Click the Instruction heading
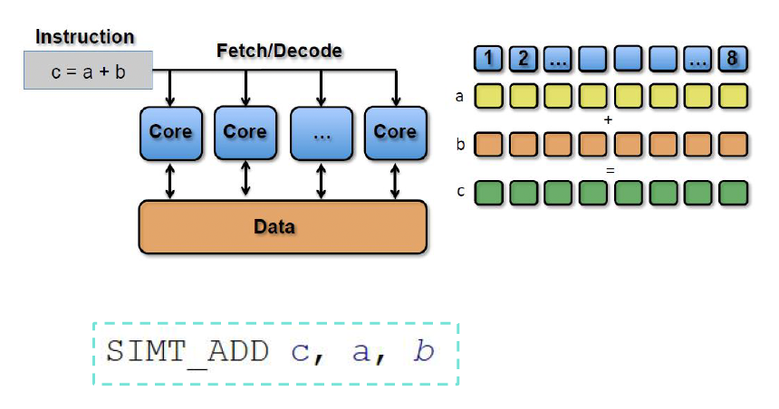click(x=84, y=37)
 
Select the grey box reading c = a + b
click(x=87, y=70)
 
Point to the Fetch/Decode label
click(x=279, y=51)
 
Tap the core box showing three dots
click(x=320, y=132)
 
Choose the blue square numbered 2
click(x=523, y=61)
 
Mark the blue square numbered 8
click(x=732, y=61)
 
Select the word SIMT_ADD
click(x=187, y=351)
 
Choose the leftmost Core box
click(x=170, y=132)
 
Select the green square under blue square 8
click(x=732, y=193)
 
